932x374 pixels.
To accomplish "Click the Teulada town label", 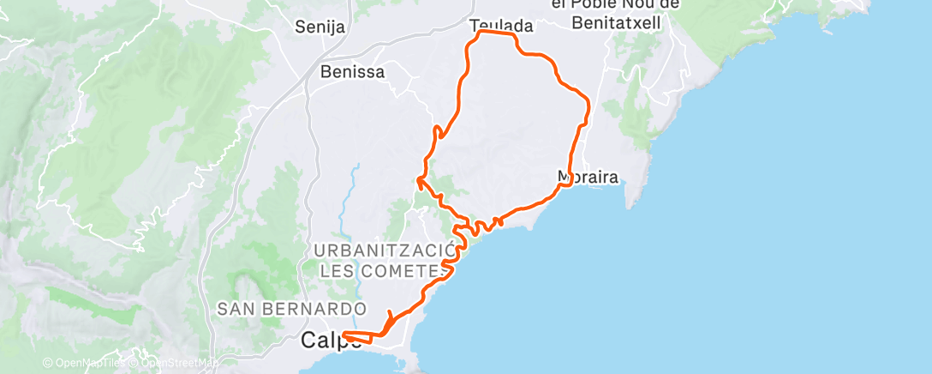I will (502, 26).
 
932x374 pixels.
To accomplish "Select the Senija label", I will (320, 27).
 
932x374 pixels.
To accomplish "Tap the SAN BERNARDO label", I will (291, 308).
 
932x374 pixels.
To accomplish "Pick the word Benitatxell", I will (616, 23).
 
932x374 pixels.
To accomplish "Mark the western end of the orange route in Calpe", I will (344, 334).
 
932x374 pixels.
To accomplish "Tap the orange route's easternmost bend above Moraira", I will (589, 104).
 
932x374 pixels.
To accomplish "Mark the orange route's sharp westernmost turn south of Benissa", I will (418, 179).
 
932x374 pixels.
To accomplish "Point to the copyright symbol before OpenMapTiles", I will (47, 363).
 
